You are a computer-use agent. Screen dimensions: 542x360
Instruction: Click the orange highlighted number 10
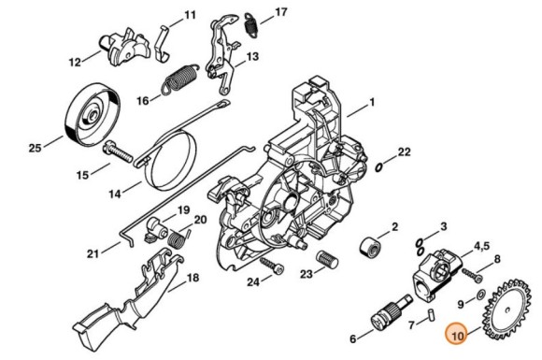coord(457,336)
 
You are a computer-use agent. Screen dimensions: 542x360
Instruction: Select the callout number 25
coord(35,148)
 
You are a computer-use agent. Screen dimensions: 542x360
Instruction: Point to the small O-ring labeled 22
coord(379,167)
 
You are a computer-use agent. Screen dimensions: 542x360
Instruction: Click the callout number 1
coord(372,102)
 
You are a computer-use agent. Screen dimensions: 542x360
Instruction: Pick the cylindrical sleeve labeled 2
coord(371,247)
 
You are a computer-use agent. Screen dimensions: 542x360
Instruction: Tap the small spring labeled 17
coord(250,24)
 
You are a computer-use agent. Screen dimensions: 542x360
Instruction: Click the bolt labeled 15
coord(118,152)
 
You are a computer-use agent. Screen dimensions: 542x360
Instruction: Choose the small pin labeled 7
coord(432,315)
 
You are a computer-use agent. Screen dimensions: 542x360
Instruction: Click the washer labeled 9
coord(480,295)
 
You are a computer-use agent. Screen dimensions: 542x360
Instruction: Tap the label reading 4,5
coord(481,246)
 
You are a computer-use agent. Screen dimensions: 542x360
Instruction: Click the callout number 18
coord(193,278)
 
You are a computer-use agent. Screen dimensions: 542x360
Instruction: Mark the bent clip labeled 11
coord(162,44)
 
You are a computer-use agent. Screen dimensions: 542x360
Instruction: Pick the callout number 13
coord(252,56)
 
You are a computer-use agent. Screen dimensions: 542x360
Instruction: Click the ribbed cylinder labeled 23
coord(327,259)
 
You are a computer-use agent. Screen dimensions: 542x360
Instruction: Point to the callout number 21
coord(93,254)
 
